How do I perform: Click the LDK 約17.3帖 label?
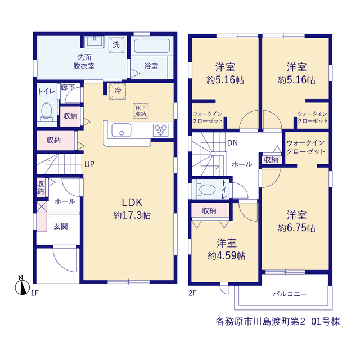coord(132,209)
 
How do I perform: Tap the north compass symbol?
coord(22,285)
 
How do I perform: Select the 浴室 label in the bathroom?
coord(151,66)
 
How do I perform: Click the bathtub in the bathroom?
coord(152,46)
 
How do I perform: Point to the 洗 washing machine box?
coord(116,44)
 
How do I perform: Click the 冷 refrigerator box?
coord(118,91)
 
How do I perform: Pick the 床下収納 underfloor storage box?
coord(141,111)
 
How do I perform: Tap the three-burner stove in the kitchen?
coord(160,130)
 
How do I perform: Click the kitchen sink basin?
coord(121,130)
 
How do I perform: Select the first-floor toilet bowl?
coord(47,112)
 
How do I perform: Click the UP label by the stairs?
coord(89,164)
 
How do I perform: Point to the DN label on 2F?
coord(232,143)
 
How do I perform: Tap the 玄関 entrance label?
coord(61,226)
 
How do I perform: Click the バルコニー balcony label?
coord(290,294)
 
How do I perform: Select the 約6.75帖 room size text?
coord(296,228)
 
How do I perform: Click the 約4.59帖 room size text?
coord(226,255)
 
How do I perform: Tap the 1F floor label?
coord(35,293)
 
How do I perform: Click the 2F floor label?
coord(192,293)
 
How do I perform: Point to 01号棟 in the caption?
coord(325,321)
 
